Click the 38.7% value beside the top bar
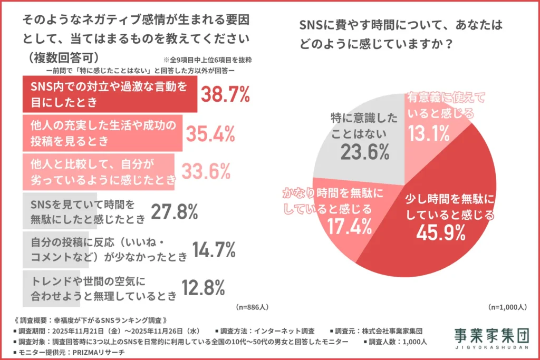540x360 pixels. tap(225, 94)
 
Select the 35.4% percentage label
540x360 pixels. tap(210, 134)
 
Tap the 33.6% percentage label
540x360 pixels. tap(206, 171)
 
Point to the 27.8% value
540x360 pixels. tap(174, 211)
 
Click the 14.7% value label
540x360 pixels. tap(214, 249)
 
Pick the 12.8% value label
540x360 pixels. tap(204, 287)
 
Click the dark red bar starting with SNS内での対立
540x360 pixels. tap(110, 94)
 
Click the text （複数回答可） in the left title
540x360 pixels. tap(61, 57)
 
